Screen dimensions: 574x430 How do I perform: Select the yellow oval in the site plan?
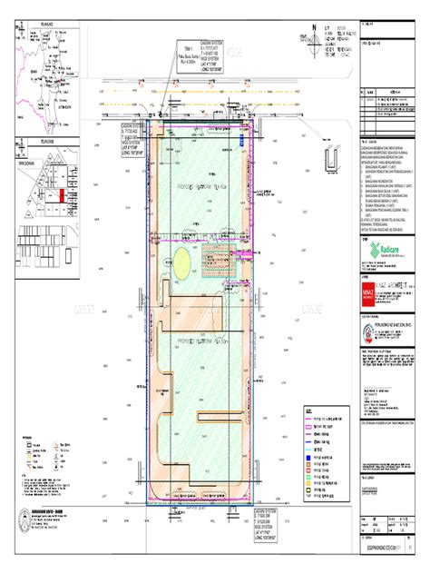coord(182,264)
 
